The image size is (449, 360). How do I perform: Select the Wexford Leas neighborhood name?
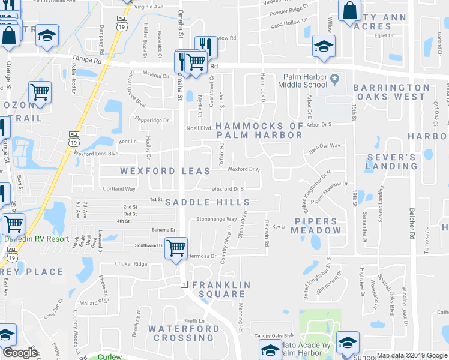click(165, 171)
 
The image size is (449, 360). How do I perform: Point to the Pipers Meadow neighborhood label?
click(317, 226)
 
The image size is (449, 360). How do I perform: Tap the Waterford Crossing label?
click(184, 333)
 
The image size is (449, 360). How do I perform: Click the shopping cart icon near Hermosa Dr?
click(176, 247)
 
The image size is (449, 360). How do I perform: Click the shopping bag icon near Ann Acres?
click(349, 11)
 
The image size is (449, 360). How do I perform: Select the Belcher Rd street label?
click(412, 222)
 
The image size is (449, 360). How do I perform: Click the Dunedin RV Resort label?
click(36, 238)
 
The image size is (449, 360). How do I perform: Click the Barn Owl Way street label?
click(325, 145)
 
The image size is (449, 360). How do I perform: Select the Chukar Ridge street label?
click(131, 264)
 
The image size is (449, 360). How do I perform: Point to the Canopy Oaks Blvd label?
click(273, 335)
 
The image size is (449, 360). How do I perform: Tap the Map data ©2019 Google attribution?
click(412, 355)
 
